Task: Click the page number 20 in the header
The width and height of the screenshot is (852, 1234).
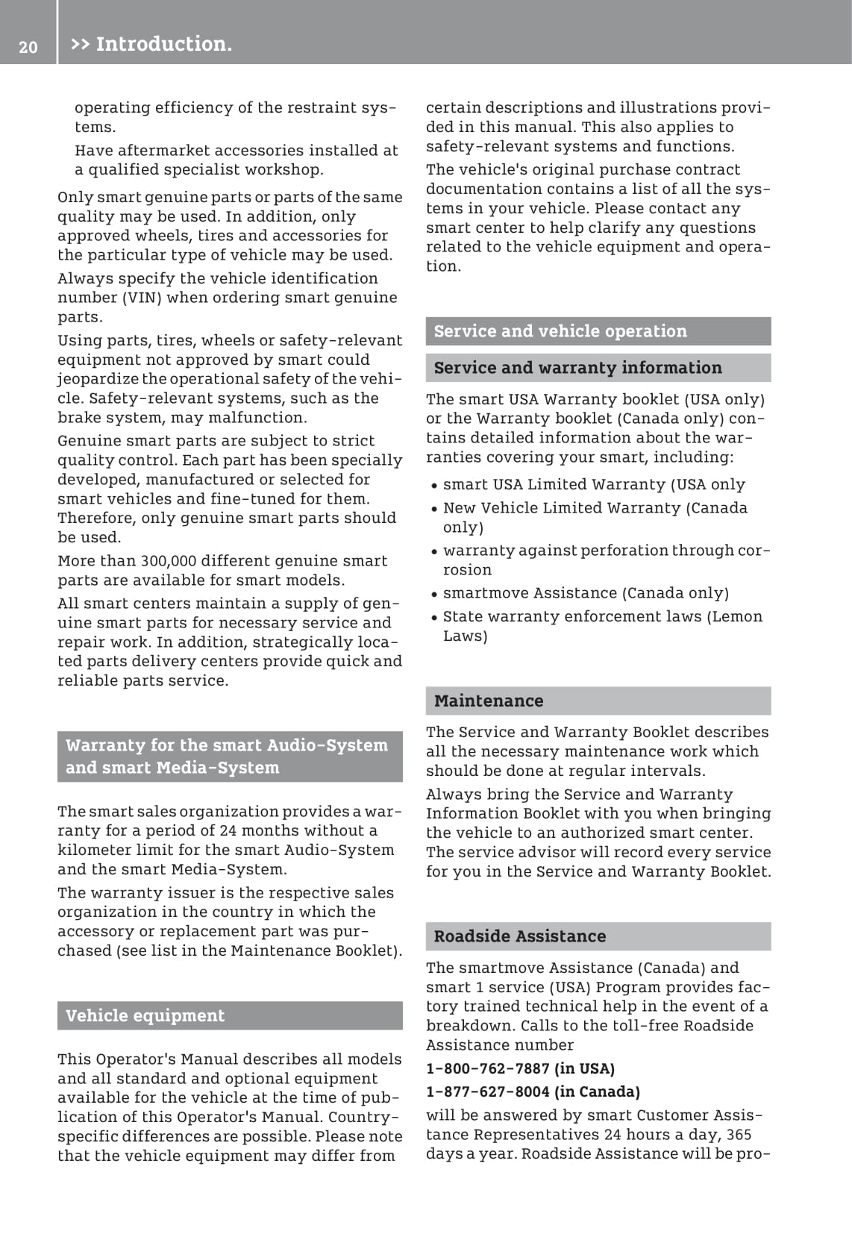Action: (28, 47)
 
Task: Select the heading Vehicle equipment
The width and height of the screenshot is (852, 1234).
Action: (145, 1015)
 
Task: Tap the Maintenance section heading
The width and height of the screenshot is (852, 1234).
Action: (489, 701)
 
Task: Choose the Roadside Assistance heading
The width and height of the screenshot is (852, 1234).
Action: (520, 936)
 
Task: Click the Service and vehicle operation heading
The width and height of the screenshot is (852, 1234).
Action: (560, 331)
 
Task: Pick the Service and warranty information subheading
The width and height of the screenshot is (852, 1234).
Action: (577, 367)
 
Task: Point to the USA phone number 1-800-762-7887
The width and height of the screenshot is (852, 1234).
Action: (488, 1068)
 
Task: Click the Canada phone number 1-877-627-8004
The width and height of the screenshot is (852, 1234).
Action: (488, 1092)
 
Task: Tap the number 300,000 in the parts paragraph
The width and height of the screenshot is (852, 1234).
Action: (169, 561)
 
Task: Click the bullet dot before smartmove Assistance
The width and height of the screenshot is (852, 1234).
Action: (433, 595)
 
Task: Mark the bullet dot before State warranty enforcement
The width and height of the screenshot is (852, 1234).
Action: (433, 618)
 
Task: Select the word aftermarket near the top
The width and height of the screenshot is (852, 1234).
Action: (162, 151)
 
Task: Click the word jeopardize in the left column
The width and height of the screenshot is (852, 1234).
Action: (98, 379)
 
